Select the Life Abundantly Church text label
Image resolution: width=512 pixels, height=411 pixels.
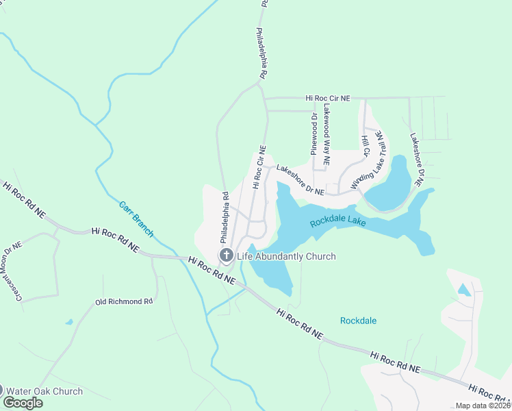tap(286, 257)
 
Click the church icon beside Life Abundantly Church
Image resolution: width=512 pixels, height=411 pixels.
tap(227, 256)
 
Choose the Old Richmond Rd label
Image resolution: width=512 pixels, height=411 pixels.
tap(124, 301)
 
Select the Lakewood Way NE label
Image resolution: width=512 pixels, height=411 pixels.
tap(327, 135)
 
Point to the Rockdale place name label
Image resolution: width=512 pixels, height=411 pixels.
tap(358, 321)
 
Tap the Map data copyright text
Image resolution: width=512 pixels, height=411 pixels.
tap(482, 406)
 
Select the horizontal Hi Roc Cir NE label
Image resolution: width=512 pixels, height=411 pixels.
tap(328, 99)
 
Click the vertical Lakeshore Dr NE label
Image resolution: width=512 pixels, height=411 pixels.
tap(417, 156)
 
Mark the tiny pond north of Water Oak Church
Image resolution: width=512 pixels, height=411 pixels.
tap(69, 321)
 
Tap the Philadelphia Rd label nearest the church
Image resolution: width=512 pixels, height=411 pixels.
tap(223, 218)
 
